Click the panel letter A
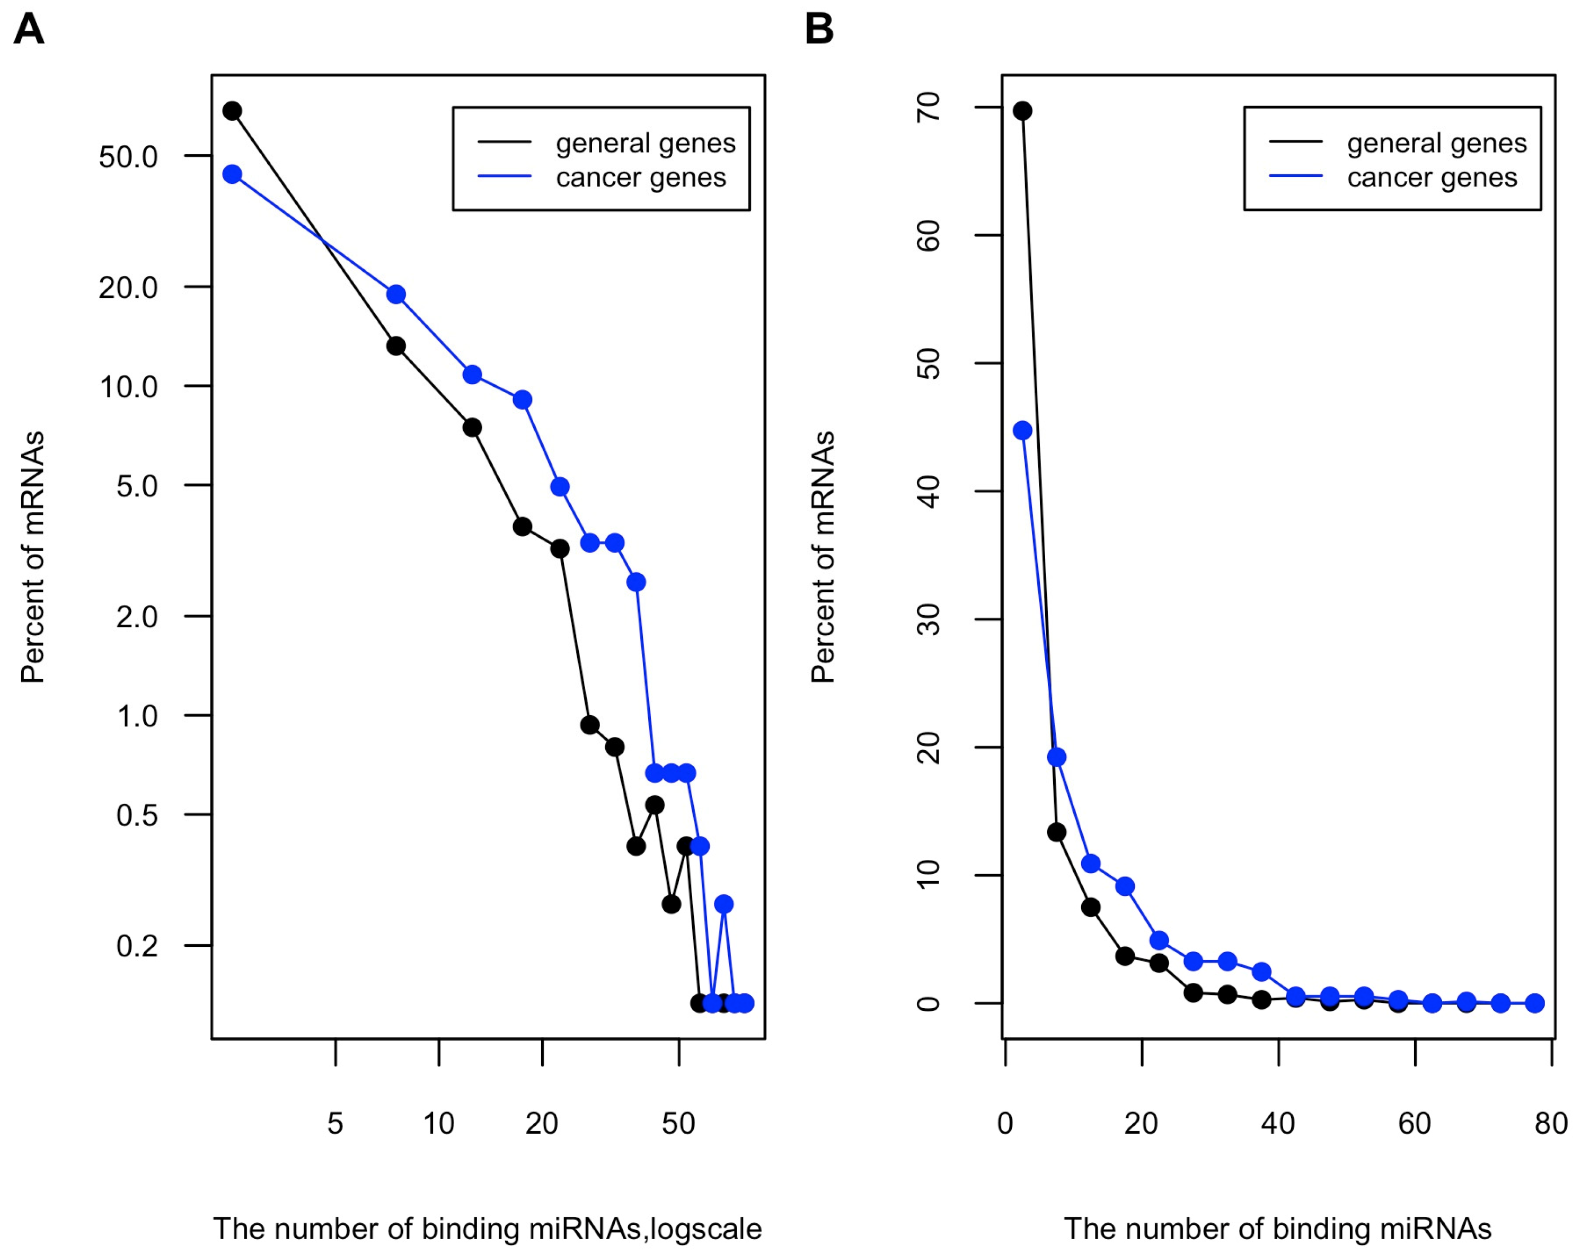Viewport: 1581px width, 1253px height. pos(29,30)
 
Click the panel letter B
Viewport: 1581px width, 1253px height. pos(819,30)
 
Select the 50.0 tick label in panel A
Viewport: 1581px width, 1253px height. pos(128,157)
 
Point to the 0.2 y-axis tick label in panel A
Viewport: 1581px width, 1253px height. pos(137,946)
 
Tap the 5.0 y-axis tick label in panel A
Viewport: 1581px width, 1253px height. pos(137,486)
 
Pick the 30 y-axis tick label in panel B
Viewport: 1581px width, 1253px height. pos(929,619)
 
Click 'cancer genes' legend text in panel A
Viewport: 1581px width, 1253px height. pos(641,177)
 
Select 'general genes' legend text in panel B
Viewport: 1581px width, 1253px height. pos(1436,143)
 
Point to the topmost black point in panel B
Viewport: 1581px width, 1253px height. pos(1022,111)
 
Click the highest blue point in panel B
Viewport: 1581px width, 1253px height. pos(1022,430)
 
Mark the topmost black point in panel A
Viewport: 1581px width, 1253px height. pos(233,111)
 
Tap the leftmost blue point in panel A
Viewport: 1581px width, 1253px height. pos(233,174)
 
